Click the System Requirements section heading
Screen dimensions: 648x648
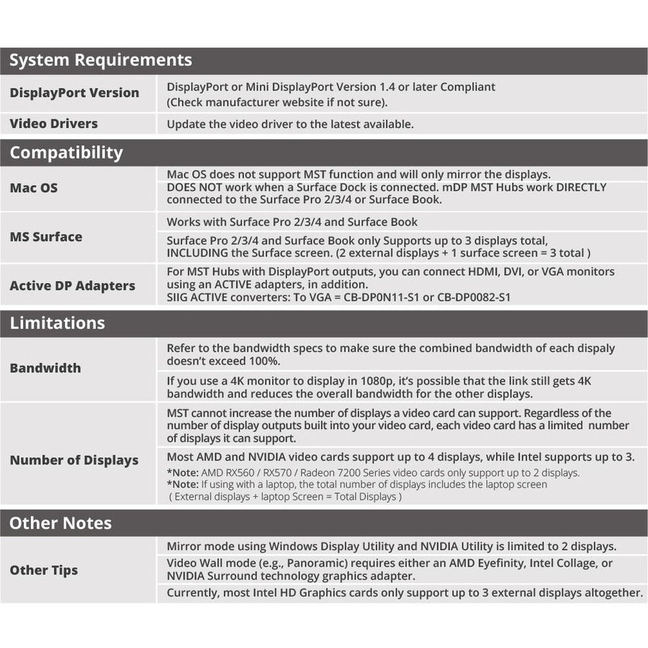[100, 60]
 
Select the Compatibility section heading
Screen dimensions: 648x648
[66, 153]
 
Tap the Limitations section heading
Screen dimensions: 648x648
[57, 323]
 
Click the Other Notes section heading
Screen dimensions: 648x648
[60, 523]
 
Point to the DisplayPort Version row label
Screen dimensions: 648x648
[74, 93]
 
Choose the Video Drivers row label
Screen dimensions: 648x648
[53, 124]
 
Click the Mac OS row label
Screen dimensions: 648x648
[33, 188]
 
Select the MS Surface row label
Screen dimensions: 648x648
[45, 237]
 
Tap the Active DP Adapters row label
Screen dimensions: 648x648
[72, 286]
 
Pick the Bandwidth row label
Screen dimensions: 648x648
[45, 368]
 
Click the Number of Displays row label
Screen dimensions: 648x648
[73, 460]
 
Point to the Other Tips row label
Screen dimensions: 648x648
[43, 570]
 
